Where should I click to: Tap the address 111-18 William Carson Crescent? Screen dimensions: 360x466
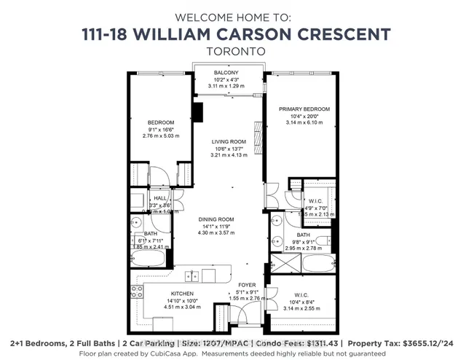(232, 34)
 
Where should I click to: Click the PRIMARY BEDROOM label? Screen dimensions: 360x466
(303, 109)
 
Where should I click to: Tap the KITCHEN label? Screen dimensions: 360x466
(162, 294)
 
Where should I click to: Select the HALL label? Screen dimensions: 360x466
(159, 197)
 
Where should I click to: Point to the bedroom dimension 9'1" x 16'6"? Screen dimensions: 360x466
(161, 129)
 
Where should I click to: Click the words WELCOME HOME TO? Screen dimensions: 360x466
(232, 15)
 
